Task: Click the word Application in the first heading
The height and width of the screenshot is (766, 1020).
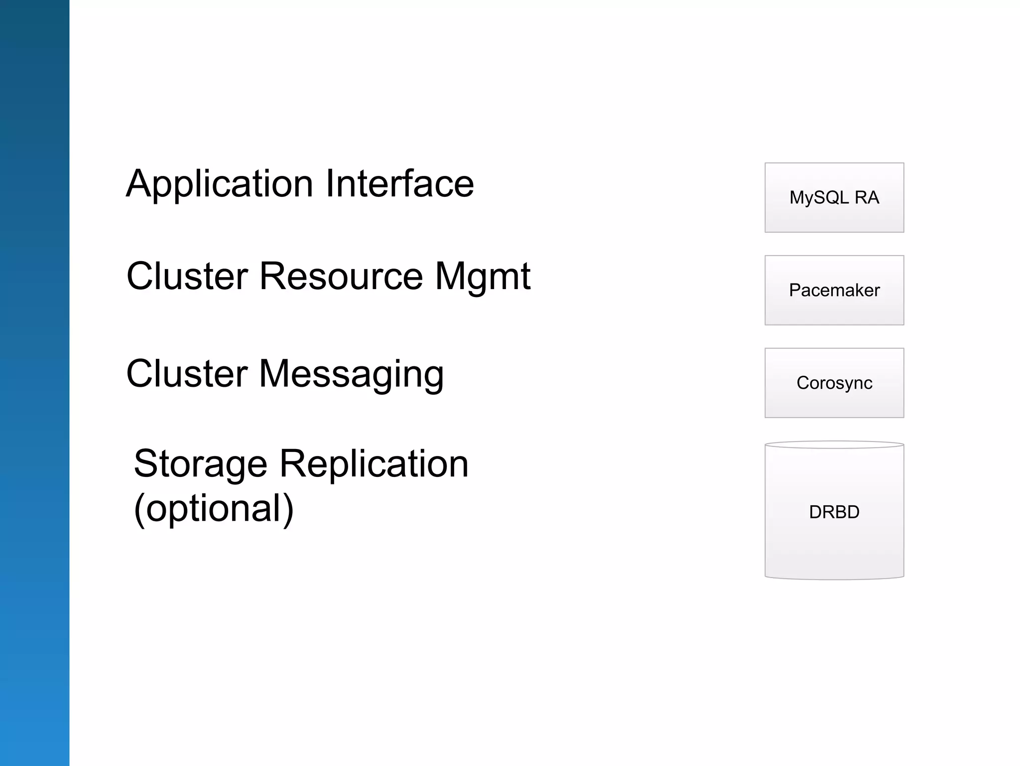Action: point(220,184)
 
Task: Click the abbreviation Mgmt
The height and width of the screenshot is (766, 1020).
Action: point(483,277)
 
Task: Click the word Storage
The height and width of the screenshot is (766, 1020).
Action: point(200,464)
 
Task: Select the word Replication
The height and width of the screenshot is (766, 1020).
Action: point(374,463)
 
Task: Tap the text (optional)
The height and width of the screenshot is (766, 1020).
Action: point(214,508)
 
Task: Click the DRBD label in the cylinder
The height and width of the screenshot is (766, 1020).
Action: point(834,512)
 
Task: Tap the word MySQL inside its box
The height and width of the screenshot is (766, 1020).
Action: point(819,197)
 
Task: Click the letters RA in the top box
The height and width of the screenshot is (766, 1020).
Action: point(867,197)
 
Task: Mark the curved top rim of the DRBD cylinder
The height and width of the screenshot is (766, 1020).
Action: point(834,445)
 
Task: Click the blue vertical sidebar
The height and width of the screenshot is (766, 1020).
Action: point(34,383)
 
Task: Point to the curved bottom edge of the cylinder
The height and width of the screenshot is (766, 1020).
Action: point(834,579)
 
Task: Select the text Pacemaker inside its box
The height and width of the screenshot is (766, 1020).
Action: point(834,290)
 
